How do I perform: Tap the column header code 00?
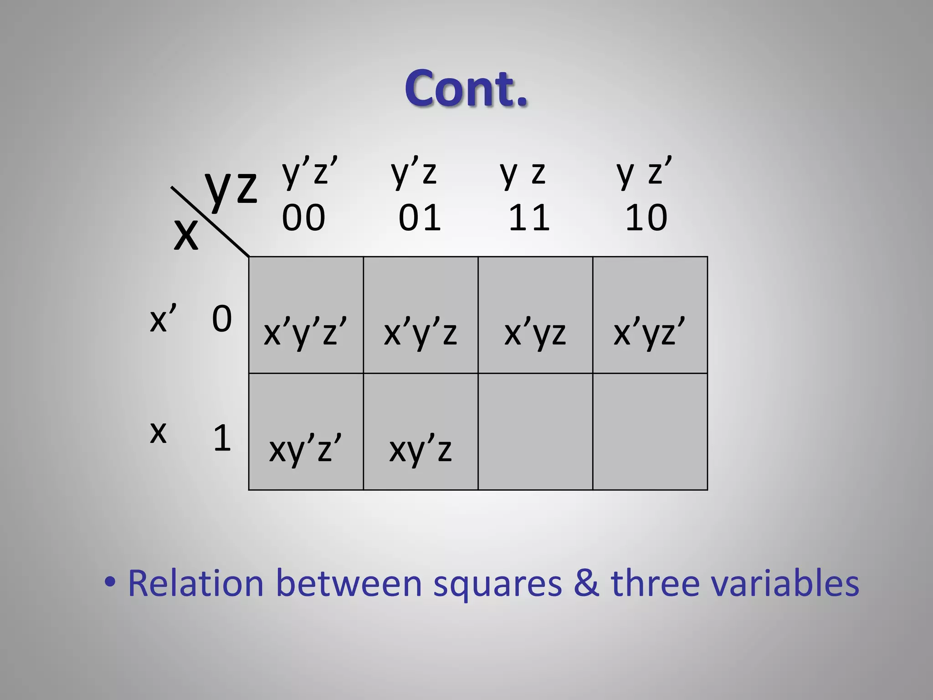coord(303,217)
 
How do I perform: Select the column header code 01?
coord(420,217)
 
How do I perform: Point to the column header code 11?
coord(529,217)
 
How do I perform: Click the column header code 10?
coord(646,217)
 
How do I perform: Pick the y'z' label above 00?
coord(310,172)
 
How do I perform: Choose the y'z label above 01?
coord(414,172)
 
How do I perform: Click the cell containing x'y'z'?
coord(306,315)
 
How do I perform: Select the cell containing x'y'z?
coord(420,315)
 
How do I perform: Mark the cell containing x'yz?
coord(535,315)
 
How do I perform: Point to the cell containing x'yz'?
coord(650,315)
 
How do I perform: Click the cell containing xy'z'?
coord(306,432)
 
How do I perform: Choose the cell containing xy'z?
coord(420,432)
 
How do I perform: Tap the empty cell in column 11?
coord(535,432)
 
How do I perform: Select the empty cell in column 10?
coord(650,432)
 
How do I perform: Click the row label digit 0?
coord(222,319)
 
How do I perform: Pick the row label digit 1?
coord(222,438)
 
